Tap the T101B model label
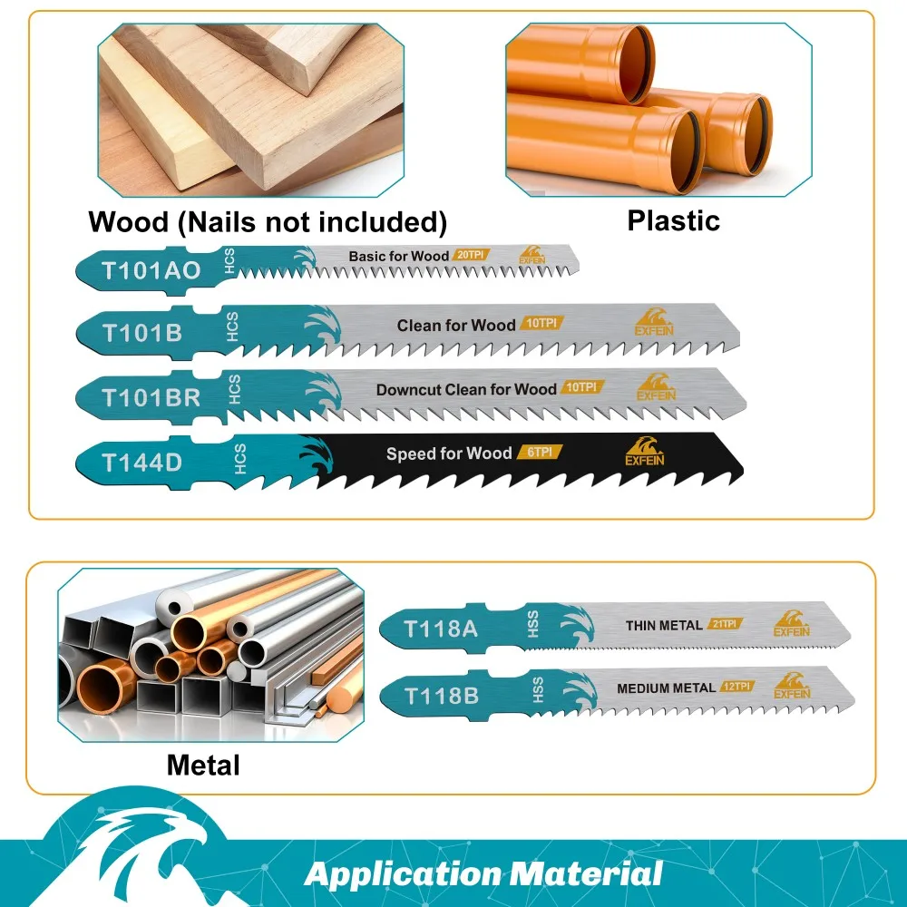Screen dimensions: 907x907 pyautogui.click(x=141, y=333)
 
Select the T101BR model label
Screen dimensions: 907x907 pyautogui.click(x=151, y=397)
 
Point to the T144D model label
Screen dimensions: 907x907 pyautogui.click(x=141, y=462)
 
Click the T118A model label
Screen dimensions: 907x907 pyautogui.click(x=440, y=628)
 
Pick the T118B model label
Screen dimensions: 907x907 pyautogui.click(x=441, y=696)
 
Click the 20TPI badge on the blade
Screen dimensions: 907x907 pyautogui.click(x=471, y=256)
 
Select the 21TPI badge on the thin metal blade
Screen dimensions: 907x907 pyautogui.click(x=725, y=624)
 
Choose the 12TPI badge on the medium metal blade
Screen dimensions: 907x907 pyautogui.click(x=739, y=687)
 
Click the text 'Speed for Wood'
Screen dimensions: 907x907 pyautogui.click(x=449, y=453)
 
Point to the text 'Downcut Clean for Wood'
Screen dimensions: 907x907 pyautogui.click(x=466, y=389)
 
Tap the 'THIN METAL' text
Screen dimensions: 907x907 pyautogui.click(x=664, y=625)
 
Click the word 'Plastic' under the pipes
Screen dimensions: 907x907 pyautogui.click(x=673, y=220)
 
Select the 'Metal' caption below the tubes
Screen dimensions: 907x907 pyautogui.click(x=203, y=765)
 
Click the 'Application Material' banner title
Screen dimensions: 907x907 pyautogui.click(x=483, y=874)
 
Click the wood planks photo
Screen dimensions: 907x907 pyautogui.click(x=250, y=109)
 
